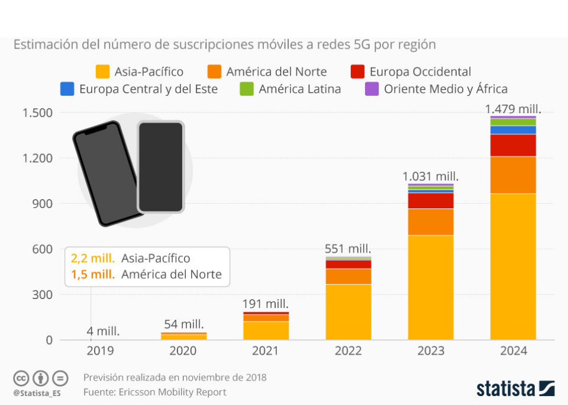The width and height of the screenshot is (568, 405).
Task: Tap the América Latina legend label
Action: (299, 89)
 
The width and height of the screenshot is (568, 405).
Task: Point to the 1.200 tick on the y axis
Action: (38, 158)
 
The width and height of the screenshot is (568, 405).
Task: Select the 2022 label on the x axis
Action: (348, 351)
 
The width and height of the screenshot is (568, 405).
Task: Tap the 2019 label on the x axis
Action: (101, 351)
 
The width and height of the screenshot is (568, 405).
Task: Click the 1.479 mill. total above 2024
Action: (513, 109)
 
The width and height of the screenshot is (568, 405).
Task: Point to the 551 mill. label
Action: (348, 249)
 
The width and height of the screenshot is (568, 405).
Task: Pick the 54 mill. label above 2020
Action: (183, 324)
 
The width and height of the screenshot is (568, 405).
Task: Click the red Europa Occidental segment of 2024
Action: (513, 145)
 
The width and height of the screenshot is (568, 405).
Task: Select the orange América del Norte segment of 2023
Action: (431, 222)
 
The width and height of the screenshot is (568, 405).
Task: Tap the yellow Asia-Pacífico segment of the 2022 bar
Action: (348, 311)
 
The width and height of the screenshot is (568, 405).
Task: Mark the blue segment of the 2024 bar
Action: (513, 130)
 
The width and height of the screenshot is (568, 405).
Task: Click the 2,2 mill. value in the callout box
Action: (93, 259)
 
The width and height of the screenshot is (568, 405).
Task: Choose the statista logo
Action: (515, 388)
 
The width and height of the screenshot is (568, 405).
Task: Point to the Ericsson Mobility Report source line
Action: (155, 392)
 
